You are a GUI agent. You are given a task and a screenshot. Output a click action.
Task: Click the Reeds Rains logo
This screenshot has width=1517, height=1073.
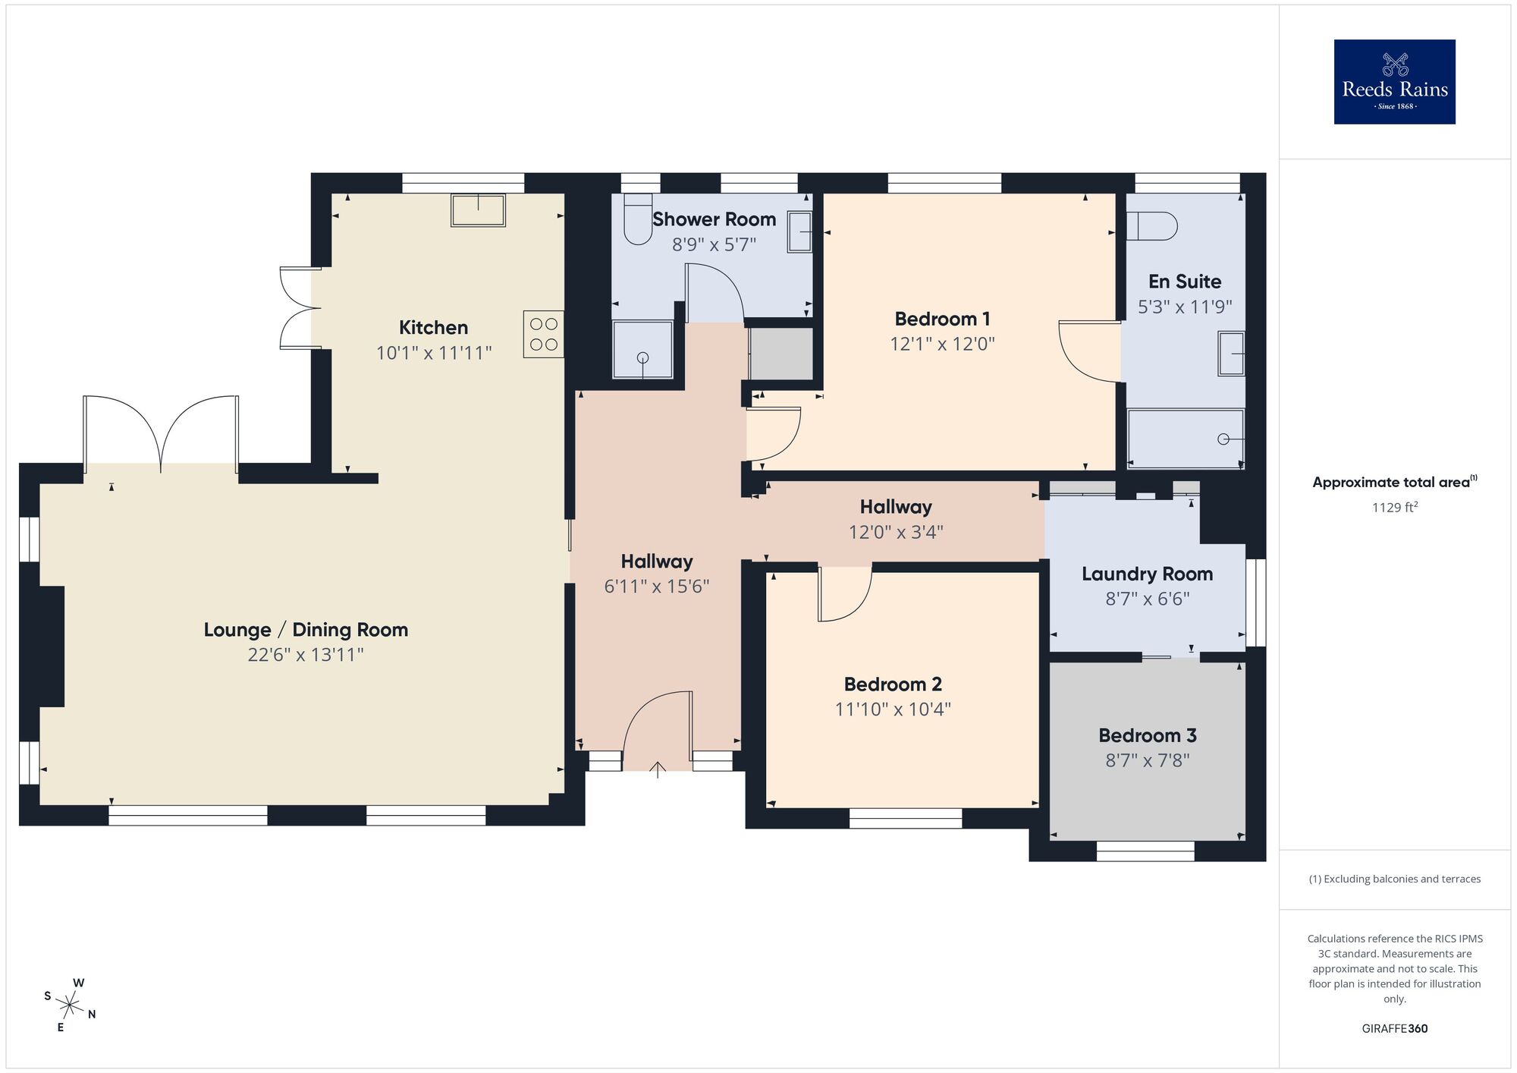coord(1394,82)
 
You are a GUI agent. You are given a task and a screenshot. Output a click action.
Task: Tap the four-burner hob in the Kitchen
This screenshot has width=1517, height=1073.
coord(543,334)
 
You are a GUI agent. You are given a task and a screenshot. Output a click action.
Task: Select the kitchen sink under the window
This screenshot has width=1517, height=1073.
coord(478,210)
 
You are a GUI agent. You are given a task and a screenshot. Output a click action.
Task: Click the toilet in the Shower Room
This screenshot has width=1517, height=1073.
coord(638,220)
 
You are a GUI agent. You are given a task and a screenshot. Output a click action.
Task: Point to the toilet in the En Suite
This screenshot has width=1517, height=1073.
coord(1151,226)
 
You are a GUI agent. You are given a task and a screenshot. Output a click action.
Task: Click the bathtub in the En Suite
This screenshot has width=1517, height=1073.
coord(1185,439)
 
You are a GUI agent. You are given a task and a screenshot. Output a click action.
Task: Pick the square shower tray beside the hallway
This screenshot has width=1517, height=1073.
coord(642,350)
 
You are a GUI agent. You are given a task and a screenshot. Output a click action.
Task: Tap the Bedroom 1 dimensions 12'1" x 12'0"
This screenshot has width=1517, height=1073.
coord(942,345)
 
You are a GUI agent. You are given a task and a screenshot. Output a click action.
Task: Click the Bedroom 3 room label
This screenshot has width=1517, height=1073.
coord(1147,735)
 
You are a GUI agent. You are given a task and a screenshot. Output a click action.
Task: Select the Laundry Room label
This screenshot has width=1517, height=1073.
coord(1147,574)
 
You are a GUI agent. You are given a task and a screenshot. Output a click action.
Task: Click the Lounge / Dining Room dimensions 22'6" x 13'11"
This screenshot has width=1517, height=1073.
coord(306,655)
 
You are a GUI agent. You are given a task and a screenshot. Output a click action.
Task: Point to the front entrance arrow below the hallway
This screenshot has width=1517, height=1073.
coord(657,769)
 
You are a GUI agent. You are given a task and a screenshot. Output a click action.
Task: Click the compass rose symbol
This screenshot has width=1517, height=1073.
coord(70,1006)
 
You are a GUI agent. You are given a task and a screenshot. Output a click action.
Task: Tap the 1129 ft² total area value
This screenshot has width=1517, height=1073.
coord(1394,508)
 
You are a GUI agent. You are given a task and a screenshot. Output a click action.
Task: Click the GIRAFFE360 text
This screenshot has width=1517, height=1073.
coord(1394,1029)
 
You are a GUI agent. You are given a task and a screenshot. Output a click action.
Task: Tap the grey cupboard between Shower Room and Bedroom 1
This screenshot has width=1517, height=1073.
coord(780,354)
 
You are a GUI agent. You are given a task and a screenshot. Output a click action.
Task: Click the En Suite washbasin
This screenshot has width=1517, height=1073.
coord(1231,354)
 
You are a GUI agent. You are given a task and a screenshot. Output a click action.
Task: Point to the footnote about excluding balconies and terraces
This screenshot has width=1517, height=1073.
coord(1394,879)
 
